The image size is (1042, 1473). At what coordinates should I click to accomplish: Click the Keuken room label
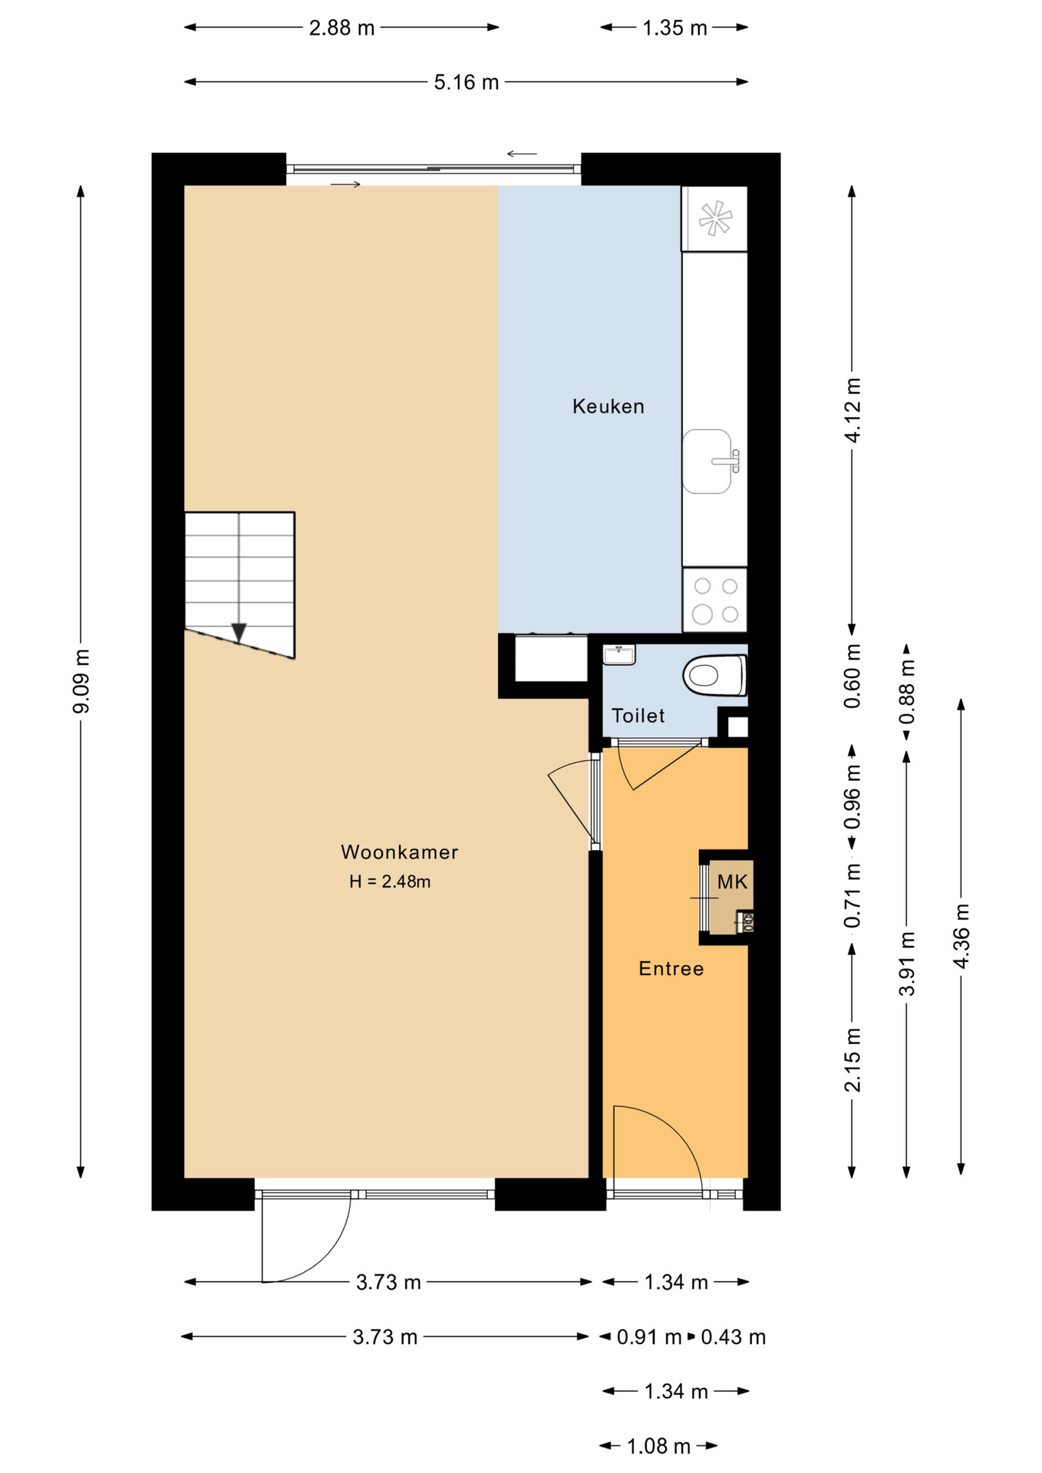[608, 406]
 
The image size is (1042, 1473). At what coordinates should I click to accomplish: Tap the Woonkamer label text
[399, 852]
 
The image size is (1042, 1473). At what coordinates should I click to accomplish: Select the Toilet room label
[638, 716]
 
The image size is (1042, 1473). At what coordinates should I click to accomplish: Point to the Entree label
[671, 968]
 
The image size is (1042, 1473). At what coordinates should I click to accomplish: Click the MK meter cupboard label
[732, 881]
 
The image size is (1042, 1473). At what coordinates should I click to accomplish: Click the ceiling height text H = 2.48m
[390, 881]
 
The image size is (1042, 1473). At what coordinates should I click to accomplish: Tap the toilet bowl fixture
[714, 674]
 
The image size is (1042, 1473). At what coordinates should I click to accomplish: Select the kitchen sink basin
[707, 461]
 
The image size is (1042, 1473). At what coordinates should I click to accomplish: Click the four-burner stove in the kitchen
[714, 599]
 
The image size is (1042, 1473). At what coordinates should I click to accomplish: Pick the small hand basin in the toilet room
[619, 654]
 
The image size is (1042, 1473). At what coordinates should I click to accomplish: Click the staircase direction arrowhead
[239, 633]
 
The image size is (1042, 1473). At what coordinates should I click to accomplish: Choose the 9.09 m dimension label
[81, 680]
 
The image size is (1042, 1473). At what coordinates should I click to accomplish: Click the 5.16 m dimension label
[467, 82]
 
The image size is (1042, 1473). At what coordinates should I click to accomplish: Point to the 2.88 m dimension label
[341, 28]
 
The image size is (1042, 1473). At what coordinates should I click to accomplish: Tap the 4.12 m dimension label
[852, 410]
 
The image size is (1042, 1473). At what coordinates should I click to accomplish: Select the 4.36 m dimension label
[961, 936]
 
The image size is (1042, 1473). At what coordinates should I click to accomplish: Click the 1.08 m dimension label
[659, 1446]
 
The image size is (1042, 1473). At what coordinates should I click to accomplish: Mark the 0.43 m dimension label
[734, 1337]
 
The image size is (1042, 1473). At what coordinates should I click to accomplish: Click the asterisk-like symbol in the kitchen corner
[714, 218]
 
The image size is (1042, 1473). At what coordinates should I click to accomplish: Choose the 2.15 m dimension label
[852, 1059]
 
